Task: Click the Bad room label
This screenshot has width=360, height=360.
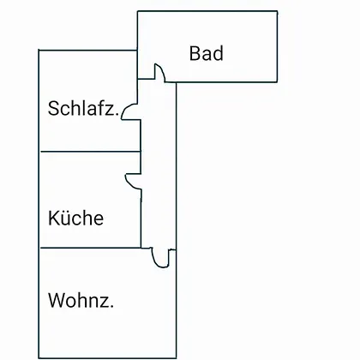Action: coord(206,53)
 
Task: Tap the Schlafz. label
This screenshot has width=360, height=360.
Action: coord(83,108)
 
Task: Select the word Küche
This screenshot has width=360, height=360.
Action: coord(75,218)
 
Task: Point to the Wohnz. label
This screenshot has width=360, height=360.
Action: coord(81,300)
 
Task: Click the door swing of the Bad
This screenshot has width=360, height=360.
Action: coord(162,70)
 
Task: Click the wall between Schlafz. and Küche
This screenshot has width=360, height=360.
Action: coord(90,152)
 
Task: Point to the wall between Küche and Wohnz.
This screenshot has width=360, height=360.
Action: coord(90,248)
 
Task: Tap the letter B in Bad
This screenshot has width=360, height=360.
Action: coord(195,53)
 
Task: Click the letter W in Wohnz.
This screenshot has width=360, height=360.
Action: coord(56,300)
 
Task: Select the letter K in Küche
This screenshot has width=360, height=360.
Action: coord(53,218)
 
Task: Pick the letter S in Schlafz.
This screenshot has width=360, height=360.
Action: coord(53,108)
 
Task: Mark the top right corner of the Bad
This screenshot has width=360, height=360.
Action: coord(277,11)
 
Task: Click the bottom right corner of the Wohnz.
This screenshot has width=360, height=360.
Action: coord(176,358)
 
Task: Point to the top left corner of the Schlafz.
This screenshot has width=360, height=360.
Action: coord(39,50)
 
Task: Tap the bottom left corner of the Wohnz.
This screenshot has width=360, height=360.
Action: coord(39,358)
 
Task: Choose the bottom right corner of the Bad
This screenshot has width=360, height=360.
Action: coord(277,82)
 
